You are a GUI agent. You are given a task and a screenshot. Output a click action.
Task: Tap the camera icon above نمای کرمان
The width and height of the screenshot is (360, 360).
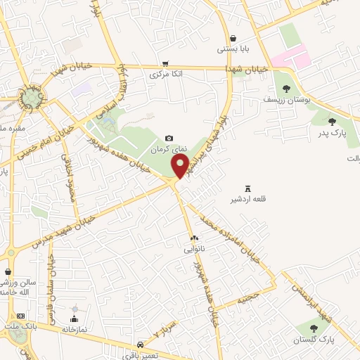pos(168,138)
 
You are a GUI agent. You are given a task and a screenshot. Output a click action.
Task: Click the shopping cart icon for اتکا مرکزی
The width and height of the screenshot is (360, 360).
pos(165,63)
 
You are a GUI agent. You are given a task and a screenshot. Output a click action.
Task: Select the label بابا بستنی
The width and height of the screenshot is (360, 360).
pos(233,49)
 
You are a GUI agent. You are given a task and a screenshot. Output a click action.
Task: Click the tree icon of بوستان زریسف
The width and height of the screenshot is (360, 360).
pos(286,89)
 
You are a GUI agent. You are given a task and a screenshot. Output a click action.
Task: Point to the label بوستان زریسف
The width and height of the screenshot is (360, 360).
pos(287,101)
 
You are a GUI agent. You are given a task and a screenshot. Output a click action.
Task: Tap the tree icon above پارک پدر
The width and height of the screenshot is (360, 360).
pos(332,122)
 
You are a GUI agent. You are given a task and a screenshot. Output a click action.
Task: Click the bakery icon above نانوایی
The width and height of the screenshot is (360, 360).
pos(194,238)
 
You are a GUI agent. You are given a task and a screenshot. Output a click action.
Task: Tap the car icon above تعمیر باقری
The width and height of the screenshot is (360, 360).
pos(141,345)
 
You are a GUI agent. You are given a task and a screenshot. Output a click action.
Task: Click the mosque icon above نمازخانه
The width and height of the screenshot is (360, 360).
pos(74,309)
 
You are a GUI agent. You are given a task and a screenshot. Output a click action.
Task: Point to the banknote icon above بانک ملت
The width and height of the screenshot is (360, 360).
pos(20,316)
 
